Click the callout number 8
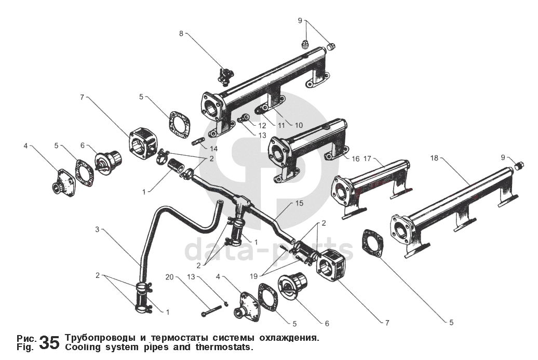tap(181, 33)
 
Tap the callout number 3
tap(97, 229)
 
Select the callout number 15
tap(299, 203)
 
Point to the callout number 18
tap(434, 158)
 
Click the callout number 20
tap(169, 277)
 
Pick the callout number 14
tap(214, 149)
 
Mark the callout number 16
tap(355, 158)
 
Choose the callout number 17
tap(367, 158)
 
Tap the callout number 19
tap(253, 276)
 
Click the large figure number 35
tap(50, 342)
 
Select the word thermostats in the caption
tap(224, 347)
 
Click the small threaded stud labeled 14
tap(199, 141)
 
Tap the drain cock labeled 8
tap(225, 76)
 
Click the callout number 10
tap(299, 126)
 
